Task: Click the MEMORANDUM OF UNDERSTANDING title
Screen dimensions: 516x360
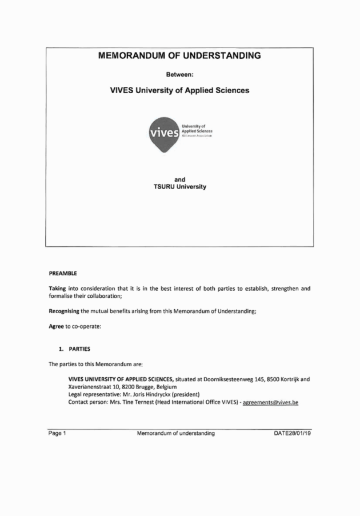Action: click(179, 56)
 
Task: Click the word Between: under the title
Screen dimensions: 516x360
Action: click(179, 74)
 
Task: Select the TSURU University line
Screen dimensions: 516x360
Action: click(179, 187)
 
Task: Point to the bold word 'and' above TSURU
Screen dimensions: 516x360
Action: click(179, 179)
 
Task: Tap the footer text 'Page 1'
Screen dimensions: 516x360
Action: click(58, 433)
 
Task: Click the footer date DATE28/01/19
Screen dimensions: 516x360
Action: click(293, 433)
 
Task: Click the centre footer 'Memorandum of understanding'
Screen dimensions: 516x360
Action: click(176, 433)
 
